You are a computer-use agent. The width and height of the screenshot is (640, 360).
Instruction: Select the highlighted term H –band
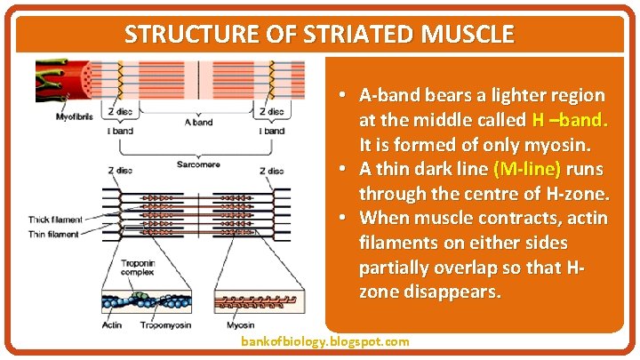(569, 120)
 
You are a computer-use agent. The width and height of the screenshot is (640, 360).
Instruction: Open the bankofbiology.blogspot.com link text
(325, 341)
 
